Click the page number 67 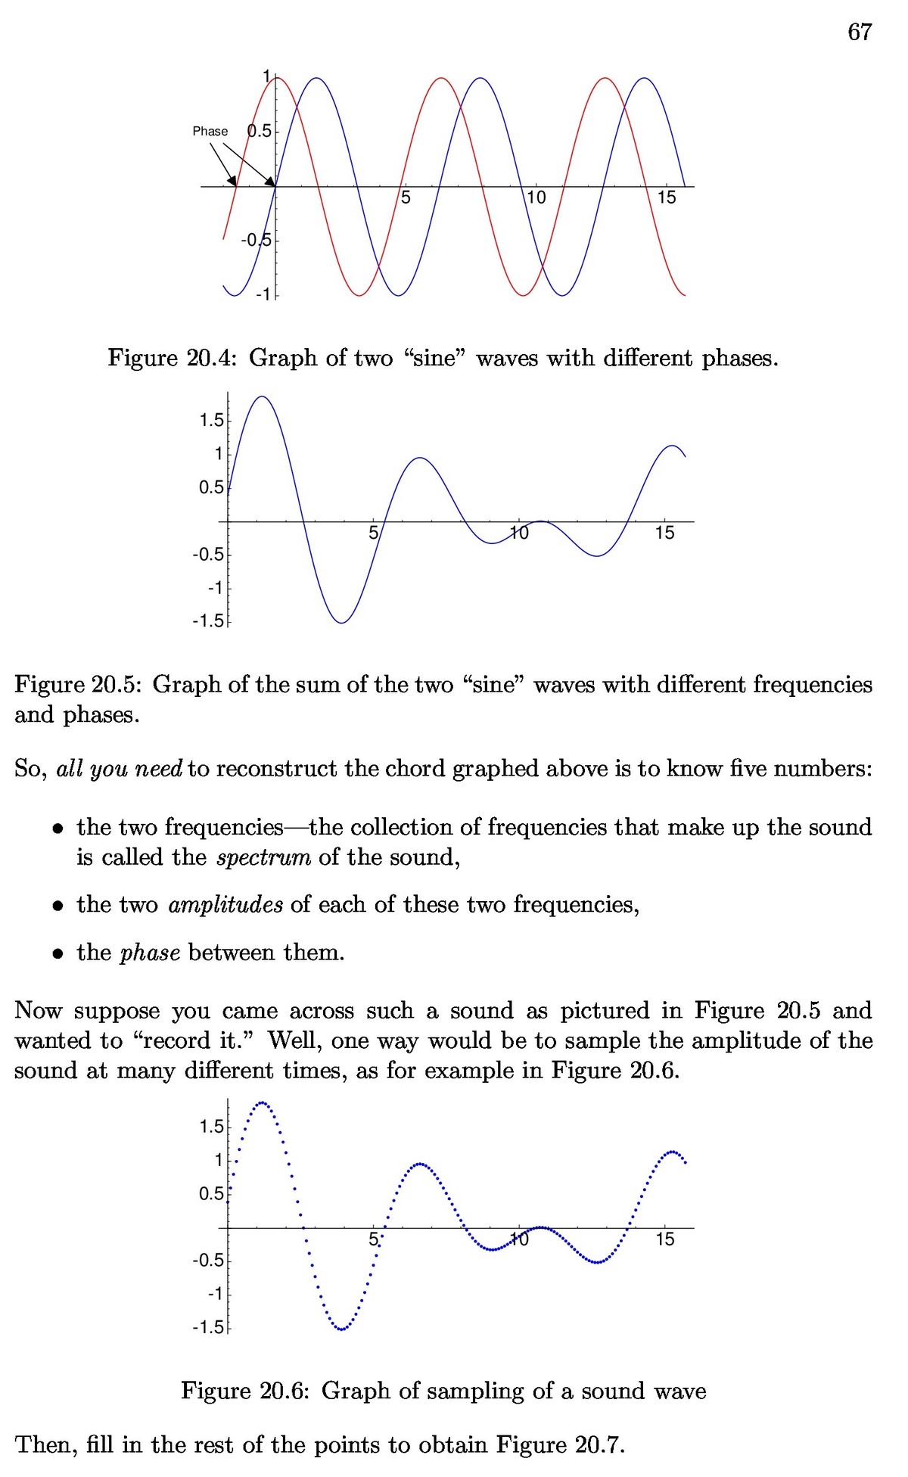(860, 32)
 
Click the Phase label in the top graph (210, 131)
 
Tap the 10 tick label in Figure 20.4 (536, 197)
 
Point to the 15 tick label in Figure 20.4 (666, 197)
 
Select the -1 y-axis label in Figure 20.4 (263, 294)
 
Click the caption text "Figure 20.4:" (173, 357)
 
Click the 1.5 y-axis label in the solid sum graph (212, 420)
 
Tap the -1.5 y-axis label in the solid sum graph (209, 621)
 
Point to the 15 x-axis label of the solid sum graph (664, 533)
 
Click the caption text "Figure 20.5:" (79, 684)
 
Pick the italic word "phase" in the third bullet (150, 953)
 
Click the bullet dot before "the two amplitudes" (58, 906)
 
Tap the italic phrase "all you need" (120, 769)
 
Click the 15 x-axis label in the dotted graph (664, 1239)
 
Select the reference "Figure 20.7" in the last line (558, 1445)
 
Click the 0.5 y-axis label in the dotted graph (212, 1194)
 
